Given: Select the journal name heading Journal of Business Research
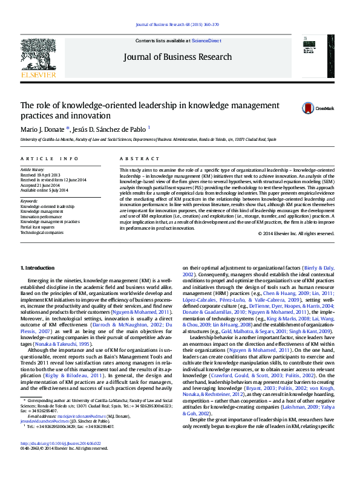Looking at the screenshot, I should pyautogui.click(x=177, y=57).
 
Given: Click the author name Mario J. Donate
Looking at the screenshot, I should pyautogui.click(x=43, y=129).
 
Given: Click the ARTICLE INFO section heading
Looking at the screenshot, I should pyautogui.click(x=50, y=158).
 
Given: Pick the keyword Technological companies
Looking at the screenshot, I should pyautogui.click(x=42, y=232).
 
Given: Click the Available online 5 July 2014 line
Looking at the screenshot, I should pyautogui.click(x=47, y=190).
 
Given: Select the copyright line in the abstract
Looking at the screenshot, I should pyautogui.click(x=296, y=233).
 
